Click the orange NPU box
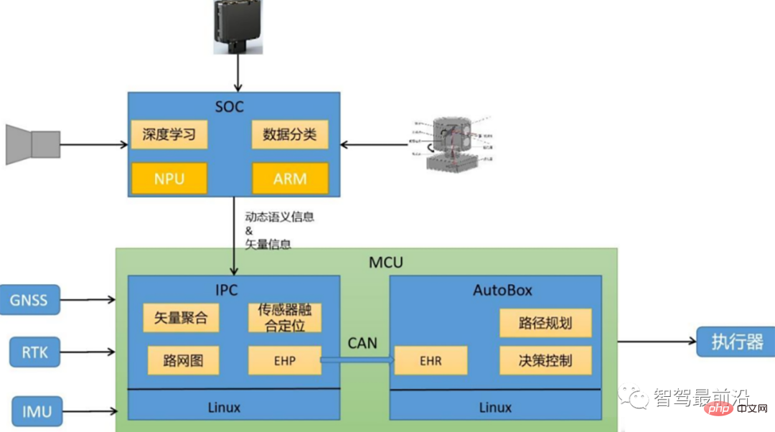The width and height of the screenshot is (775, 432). tap(169, 178)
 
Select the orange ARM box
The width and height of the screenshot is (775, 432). tap(290, 178)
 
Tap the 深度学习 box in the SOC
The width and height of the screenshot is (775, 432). tap(169, 135)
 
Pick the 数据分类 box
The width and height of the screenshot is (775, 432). tap(290, 135)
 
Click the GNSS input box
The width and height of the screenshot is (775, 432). tap(29, 299)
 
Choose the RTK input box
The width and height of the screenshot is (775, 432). tap(34, 352)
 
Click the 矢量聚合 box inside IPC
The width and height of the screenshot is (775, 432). tap(181, 318)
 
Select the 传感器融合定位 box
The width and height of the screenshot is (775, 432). tap(285, 318)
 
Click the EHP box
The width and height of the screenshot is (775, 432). tap(284, 360)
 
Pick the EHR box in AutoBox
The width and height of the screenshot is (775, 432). tap(431, 360)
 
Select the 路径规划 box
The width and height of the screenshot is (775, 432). tap(545, 323)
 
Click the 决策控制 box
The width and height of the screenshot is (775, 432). tap(545, 360)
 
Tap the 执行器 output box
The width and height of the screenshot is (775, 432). tap(736, 342)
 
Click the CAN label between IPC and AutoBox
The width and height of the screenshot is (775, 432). tap(362, 343)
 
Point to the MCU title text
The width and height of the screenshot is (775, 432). tap(386, 263)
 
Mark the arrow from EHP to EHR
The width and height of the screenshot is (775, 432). tap(357, 360)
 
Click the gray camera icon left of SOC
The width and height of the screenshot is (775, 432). tap(33, 144)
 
